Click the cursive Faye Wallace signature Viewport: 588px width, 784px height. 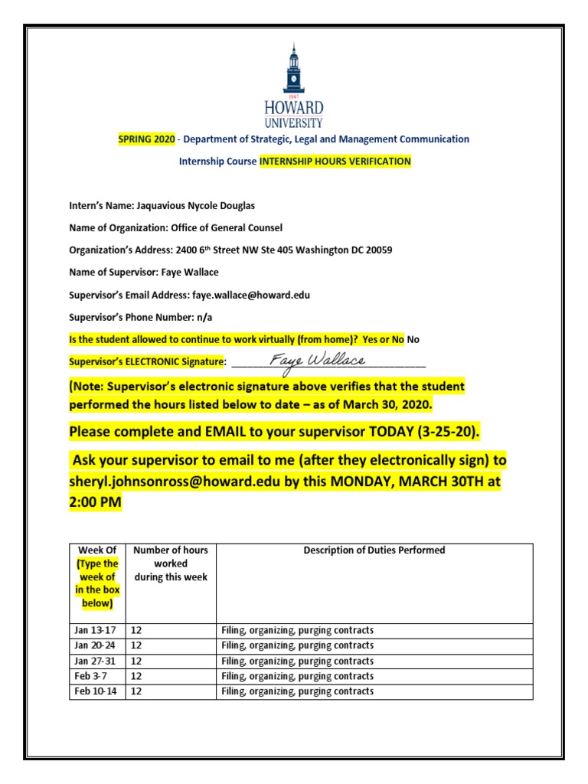(318, 360)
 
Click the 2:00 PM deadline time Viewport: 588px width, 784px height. (95, 504)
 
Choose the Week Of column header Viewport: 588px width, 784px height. (97, 550)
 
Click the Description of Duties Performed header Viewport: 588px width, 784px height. (374, 550)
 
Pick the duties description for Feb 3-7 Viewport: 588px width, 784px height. (297, 677)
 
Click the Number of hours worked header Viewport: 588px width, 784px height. (170, 563)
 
